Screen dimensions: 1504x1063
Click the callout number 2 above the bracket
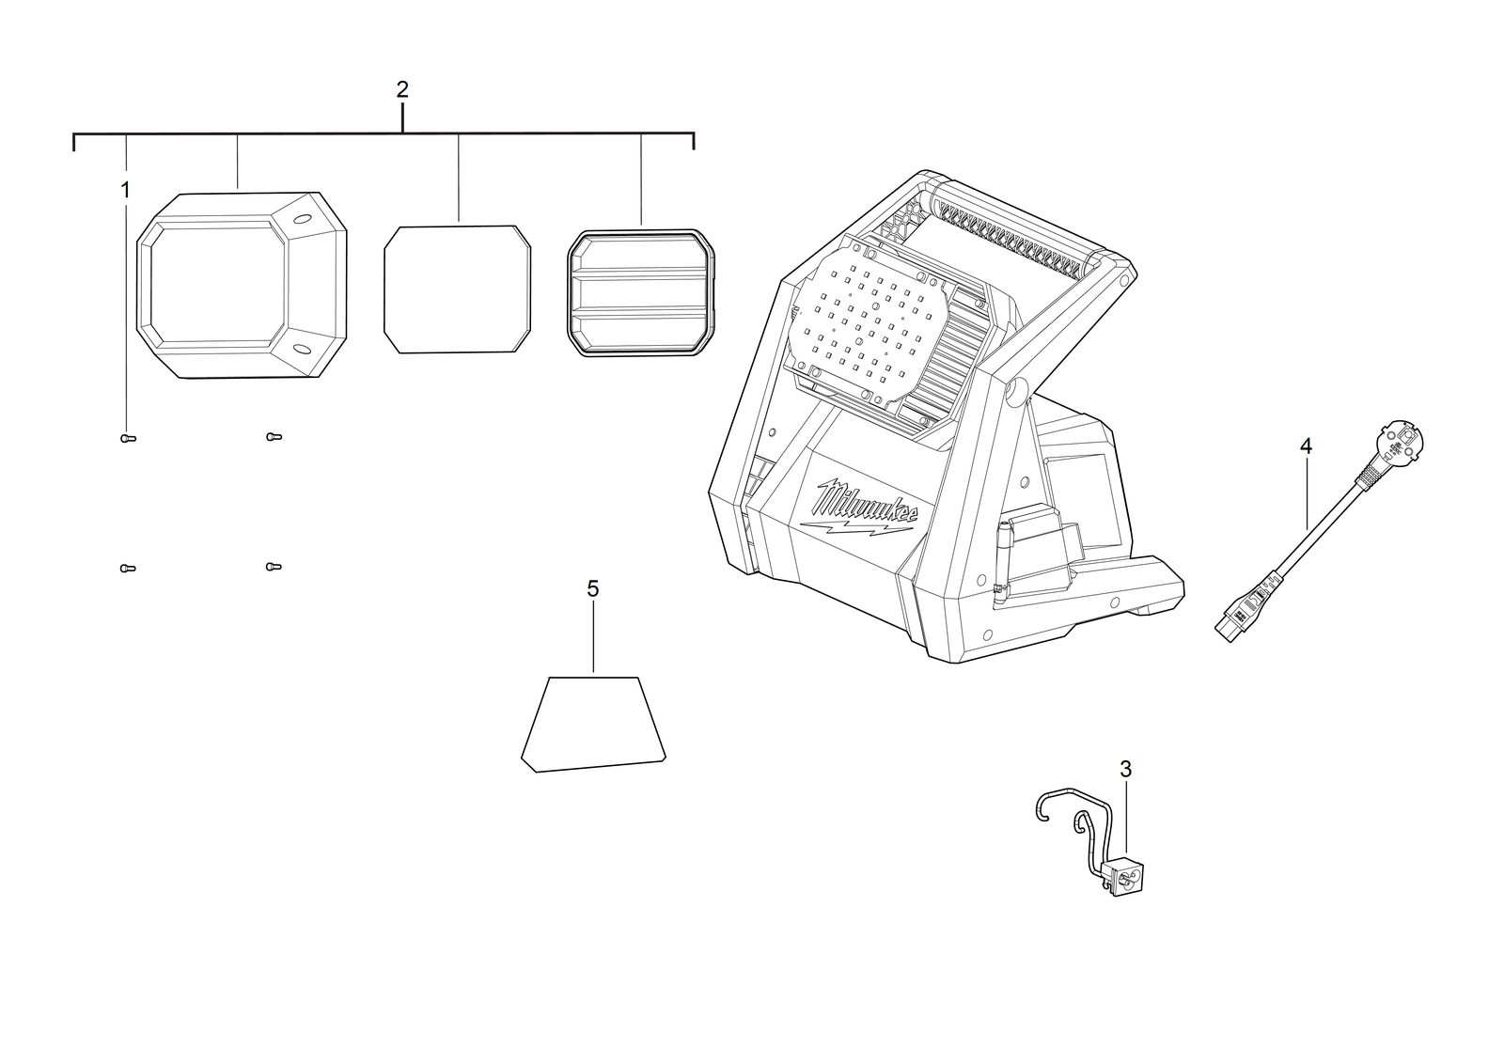[x=402, y=89]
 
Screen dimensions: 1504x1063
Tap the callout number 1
[x=125, y=191]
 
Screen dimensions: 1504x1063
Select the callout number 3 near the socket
[x=1126, y=770]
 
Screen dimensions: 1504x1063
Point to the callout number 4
[x=1306, y=446]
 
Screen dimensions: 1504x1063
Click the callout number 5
[x=593, y=589]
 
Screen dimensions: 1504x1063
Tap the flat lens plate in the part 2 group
[x=457, y=289]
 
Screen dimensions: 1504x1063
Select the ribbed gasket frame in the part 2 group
[x=641, y=292]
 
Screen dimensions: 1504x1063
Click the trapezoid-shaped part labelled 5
[x=593, y=724]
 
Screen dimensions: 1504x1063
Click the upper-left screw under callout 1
[x=128, y=439]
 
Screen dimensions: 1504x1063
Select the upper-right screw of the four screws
[x=274, y=437]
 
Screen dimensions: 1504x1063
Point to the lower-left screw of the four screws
[x=128, y=569]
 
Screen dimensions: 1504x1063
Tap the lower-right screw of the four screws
[x=274, y=567]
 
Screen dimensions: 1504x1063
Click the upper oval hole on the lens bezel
[x=303, y=219]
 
